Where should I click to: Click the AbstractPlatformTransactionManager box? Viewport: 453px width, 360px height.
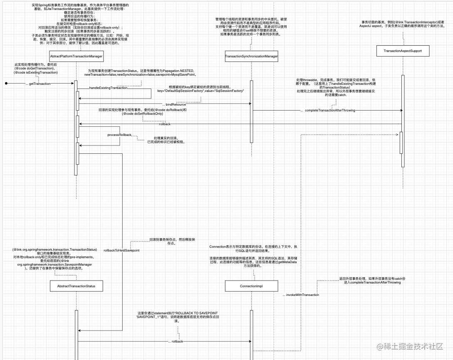76,56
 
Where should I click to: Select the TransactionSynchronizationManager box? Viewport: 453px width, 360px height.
251,56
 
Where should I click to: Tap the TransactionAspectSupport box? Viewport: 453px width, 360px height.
402,51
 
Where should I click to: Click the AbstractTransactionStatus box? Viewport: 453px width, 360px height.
76,286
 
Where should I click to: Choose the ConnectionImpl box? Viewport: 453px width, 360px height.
251,286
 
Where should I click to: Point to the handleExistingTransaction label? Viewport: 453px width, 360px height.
108,88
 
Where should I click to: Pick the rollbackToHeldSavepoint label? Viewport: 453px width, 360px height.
121,251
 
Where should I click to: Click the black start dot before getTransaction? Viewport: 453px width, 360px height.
6,84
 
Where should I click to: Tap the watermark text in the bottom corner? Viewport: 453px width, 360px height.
409,346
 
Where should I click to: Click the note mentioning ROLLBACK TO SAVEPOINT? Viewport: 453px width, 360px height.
178,317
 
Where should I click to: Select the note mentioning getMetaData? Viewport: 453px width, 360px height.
253,263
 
